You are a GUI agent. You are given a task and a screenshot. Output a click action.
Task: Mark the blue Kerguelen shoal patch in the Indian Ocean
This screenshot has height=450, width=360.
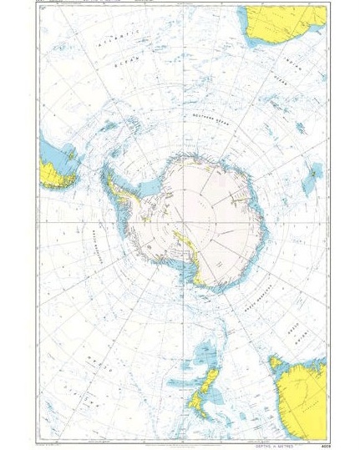(313, 171)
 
